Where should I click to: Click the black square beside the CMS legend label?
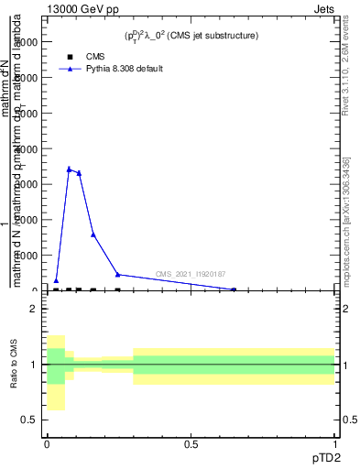(70, 56)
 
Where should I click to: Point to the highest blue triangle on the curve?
(69, 169)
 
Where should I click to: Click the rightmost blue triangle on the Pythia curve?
(234, 289)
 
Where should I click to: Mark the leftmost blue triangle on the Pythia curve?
(56, 281)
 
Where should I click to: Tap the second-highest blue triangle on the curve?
(80, 173)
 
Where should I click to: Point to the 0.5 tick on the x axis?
(191, 444)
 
